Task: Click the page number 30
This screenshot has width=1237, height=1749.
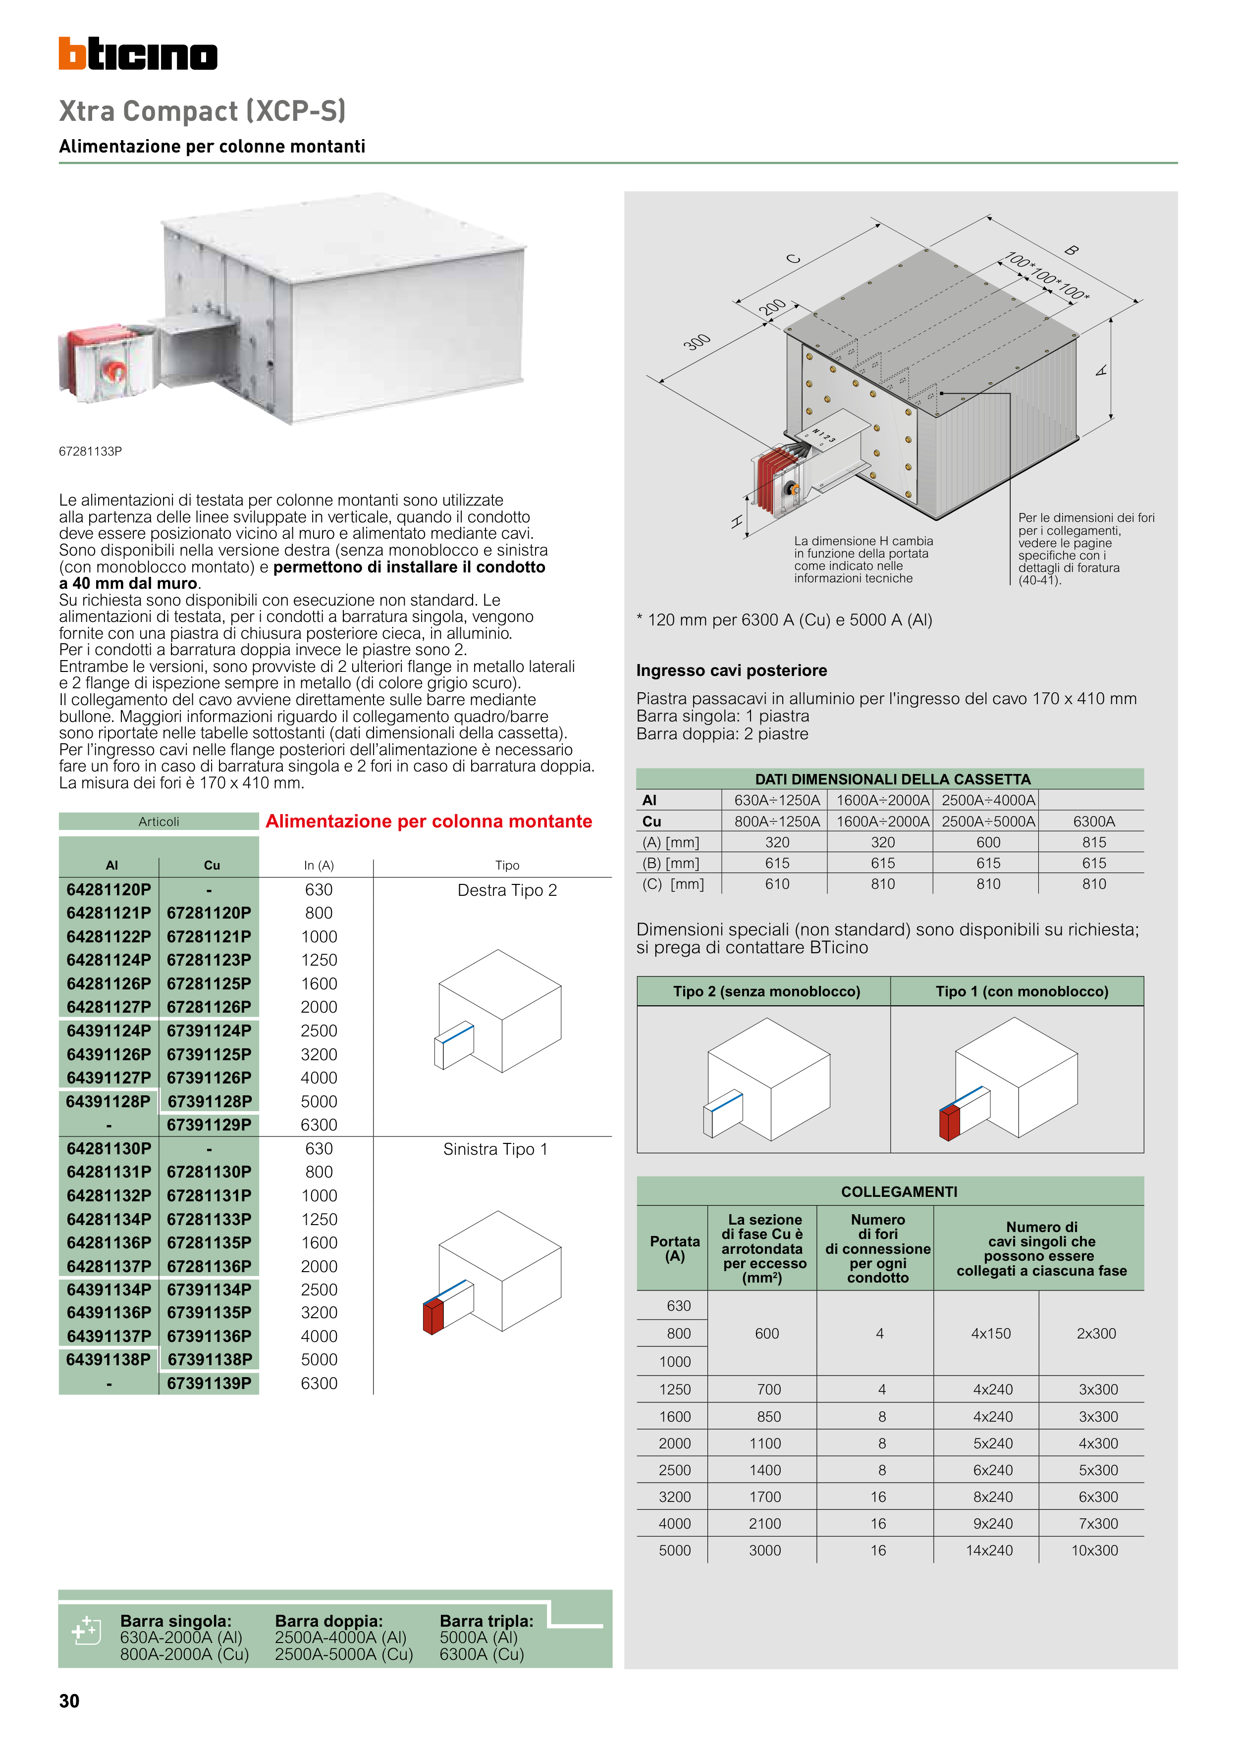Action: tap(69, 1701)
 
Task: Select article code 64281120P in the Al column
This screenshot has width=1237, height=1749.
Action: tap(109, 890)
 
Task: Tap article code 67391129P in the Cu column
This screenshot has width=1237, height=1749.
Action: tap(209, 1125)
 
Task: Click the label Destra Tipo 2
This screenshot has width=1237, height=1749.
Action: tap(507, 890)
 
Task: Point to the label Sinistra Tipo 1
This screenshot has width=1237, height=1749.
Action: tap(495, 1149)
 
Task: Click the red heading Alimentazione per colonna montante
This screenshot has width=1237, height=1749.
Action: tap(429, 821)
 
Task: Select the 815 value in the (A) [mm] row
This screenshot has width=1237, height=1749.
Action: tap(1094, 842)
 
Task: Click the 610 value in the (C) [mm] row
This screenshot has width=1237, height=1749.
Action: tap(777, 884)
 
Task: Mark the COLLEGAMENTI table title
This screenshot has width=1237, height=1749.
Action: tap(899, 1191)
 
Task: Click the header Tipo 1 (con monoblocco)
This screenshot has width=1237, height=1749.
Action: tap(1022, 991)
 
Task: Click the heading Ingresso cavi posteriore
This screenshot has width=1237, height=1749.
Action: tap(731, 670)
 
